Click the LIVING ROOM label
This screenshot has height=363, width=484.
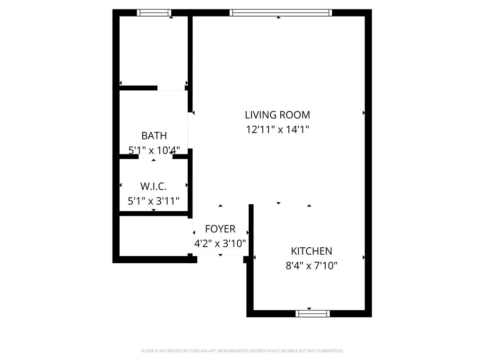coord(277,115)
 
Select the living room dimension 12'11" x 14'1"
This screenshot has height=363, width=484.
coord(277,130)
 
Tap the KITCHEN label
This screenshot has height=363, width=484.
coord(311,251)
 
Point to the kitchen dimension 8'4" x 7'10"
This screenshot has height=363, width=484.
coord(311,266)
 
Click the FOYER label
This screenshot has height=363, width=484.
coord(220,229)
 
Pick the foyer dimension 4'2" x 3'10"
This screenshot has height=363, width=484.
coord(220,243)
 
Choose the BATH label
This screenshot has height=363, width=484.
coord(154,136)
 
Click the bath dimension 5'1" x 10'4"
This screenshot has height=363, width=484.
coord(154,150)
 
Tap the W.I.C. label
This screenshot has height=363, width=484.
coord(154,186)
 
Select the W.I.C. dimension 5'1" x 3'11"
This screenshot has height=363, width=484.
coord(154,201)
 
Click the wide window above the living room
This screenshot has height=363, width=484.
coord(281,13)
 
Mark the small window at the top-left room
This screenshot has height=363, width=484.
coord(154,13)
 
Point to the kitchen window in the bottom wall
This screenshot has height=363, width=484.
coord(313,314)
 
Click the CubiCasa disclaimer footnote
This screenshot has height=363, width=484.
coord(242,351)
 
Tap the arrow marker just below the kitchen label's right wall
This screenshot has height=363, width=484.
coord(364,258)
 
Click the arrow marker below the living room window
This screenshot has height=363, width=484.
coord(278,17)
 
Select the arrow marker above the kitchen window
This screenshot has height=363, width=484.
coord(309,309)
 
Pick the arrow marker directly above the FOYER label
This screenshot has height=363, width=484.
coord(220,206)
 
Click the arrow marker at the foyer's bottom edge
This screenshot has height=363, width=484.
coord(220,255)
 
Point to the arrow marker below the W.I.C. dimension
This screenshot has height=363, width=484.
coord(154,210)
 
